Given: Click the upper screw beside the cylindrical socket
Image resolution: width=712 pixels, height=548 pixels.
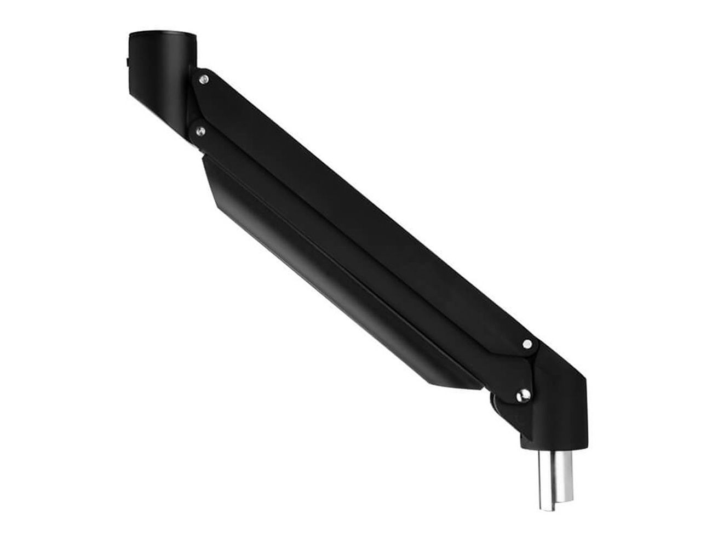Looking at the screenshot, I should pos(204,80).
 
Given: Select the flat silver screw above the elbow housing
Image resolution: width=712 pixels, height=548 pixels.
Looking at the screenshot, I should pos(527,344).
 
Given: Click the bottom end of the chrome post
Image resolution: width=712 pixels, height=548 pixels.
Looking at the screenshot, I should pos(554,509).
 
